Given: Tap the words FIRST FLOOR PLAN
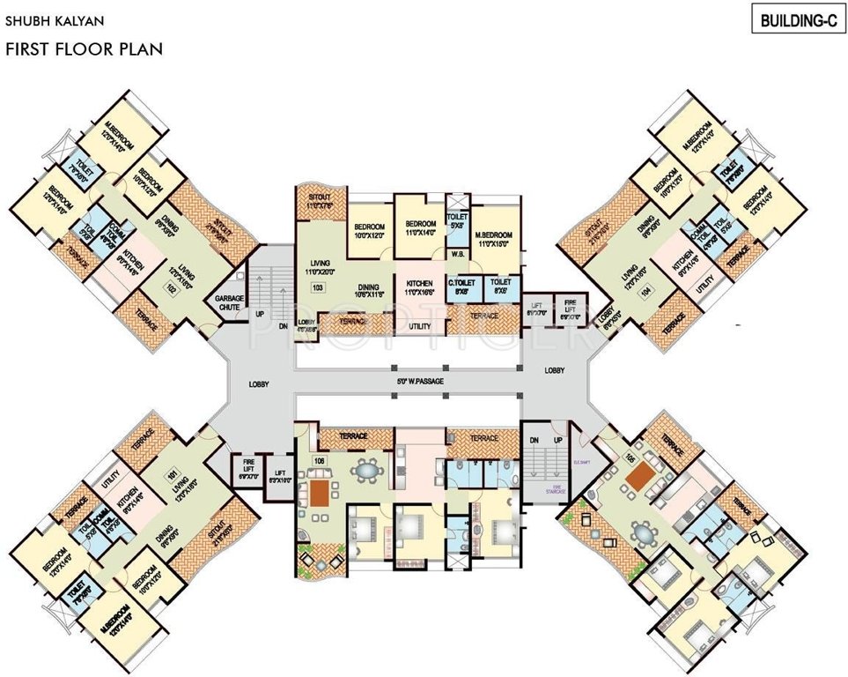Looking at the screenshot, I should tap(84, 49).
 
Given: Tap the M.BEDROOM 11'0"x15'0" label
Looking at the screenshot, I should tap(494, 242).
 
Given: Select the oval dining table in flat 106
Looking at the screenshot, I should tap(365, 471).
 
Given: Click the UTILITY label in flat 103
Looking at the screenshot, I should tap(420, 327).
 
